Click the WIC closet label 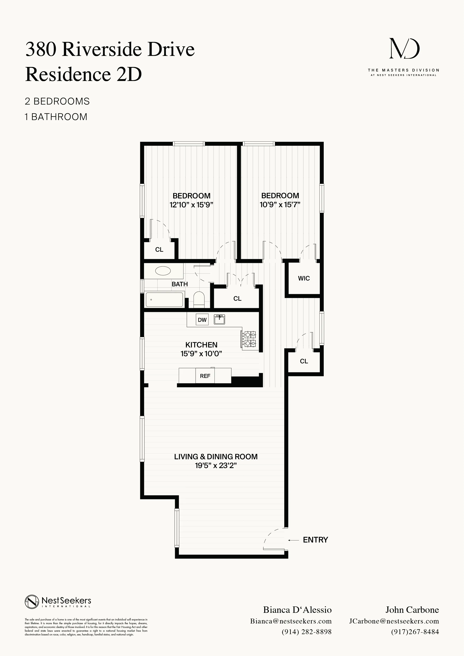click(x=304, y=278)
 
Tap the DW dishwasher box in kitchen click(x=202, y=320)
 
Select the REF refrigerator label click(x=205, y=376)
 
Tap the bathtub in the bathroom click(x=164, y=299)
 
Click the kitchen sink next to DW click(x=219, y=319)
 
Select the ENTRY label click(x=316, y=540)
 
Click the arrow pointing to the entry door click(x=293, y=540)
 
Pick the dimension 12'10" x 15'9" click(x=192, y=205)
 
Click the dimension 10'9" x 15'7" click(x=280, y=205)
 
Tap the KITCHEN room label click(x=201, y=345)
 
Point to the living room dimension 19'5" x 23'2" click(x=216, y=465)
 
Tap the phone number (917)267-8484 click(x=415, y=632)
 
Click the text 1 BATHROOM click(x=56, y=117)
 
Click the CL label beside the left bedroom click(x=159, y=250)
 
